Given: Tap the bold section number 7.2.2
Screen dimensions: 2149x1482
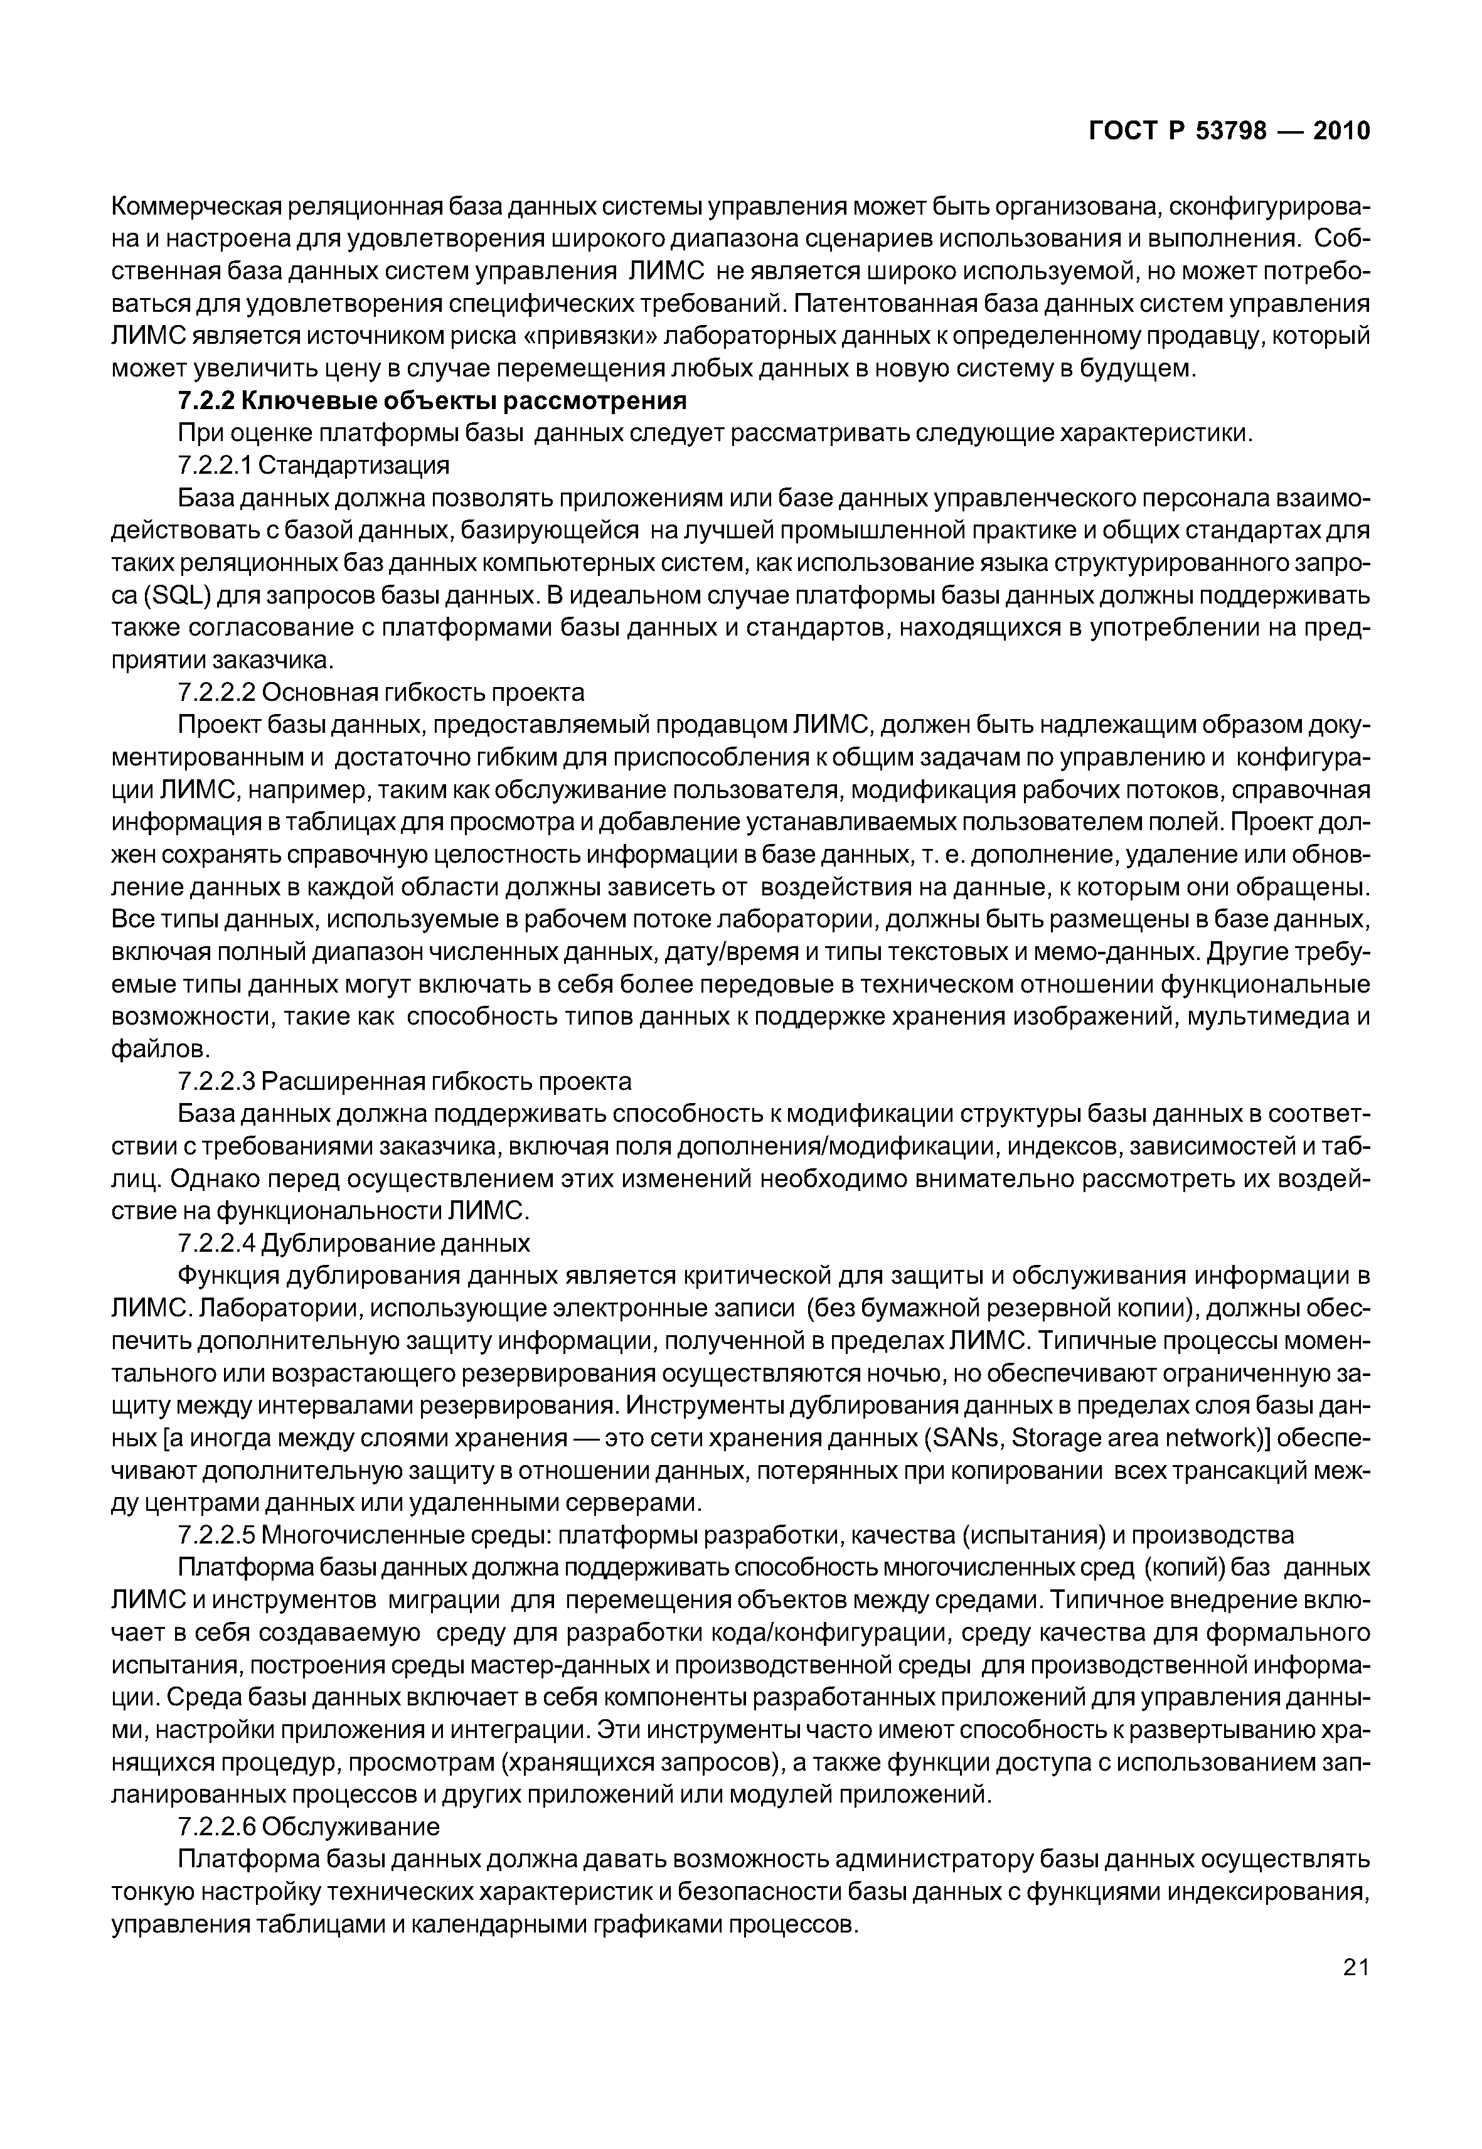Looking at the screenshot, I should click(206, 401).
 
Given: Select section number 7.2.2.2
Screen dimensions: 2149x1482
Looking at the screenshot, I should click(215, 693).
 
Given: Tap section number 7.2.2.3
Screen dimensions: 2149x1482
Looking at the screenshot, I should click(215, 1082).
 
